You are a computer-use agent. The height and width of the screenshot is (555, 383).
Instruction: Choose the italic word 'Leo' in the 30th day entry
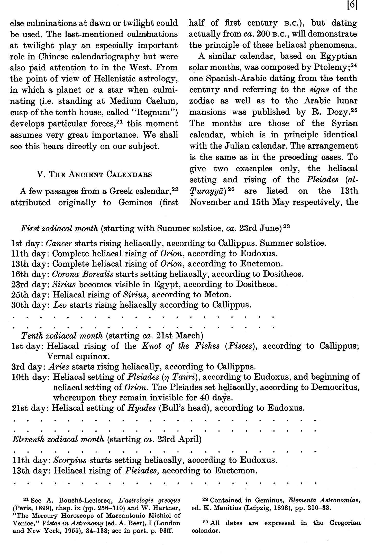pos(60,305)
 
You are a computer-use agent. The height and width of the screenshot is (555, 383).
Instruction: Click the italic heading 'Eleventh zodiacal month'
pos(58,439)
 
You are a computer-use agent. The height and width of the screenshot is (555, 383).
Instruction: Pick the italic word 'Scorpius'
pos(70,460)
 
